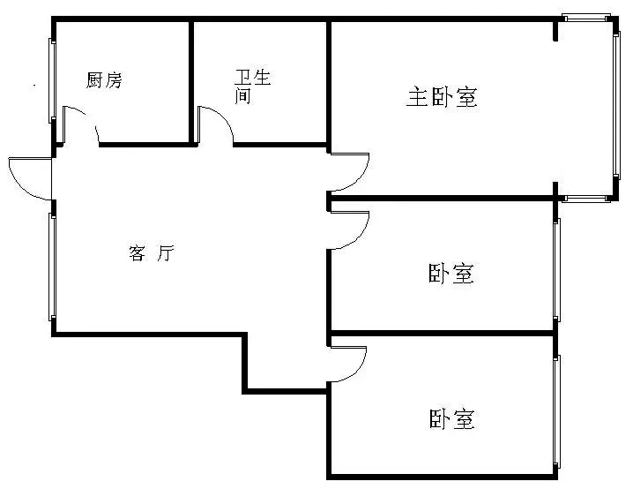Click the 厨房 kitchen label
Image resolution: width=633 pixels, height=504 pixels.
point(104,80)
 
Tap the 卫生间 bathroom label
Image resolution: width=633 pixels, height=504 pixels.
point(252,87)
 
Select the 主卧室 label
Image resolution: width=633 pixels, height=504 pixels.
point(442,97)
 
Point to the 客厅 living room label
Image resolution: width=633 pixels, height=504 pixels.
point(152,253)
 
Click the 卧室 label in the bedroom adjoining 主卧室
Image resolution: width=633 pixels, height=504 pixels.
point(451,274)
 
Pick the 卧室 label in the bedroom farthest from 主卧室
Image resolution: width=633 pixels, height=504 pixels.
point(451,418)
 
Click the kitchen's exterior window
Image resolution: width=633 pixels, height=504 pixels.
point(52,80)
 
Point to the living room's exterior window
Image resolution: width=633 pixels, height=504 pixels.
point(52,267)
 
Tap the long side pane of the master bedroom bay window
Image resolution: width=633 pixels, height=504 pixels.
point(616,105)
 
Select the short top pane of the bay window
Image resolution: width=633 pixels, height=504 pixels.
point(586,18)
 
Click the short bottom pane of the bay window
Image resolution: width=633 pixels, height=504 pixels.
point(586,199)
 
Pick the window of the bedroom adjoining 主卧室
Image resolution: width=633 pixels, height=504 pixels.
point(556,270)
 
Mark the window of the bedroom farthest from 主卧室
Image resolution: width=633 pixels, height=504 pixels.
point(556,410)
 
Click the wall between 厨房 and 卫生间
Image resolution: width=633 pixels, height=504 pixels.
point(191,81)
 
